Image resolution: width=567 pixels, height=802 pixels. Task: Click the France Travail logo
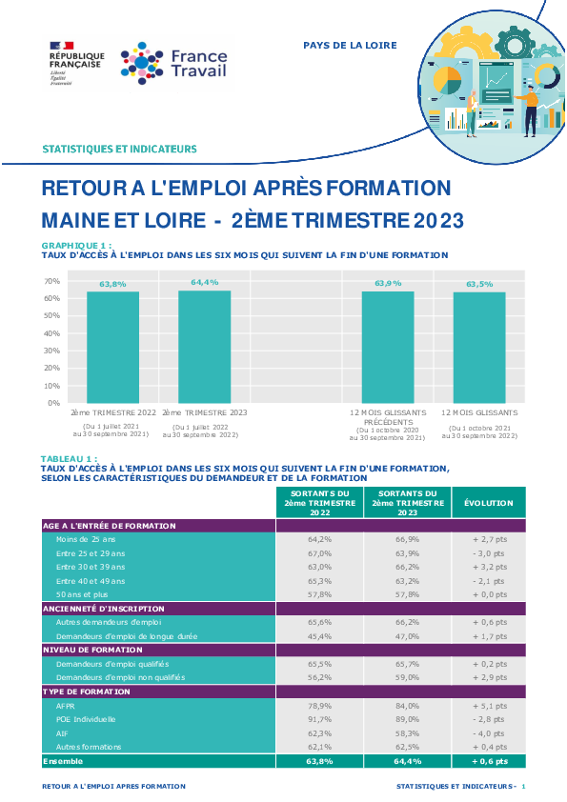[x=174, y=64]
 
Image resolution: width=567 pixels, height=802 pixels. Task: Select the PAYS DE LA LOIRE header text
[x=350, y=46]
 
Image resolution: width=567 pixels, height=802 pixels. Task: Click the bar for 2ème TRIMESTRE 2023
[x=204, y=347]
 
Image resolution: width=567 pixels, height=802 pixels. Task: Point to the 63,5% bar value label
[x=479, y=285]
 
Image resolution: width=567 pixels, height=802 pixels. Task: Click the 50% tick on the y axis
[x=52, y=315]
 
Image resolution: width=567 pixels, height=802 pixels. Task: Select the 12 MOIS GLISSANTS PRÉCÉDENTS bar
[x=388, y=348]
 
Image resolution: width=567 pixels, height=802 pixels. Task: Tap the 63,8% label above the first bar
[x=112, y=284]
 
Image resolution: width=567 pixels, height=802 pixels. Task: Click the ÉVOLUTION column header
[x=489, y=503]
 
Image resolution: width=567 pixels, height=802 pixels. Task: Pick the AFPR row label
[x=66, y=706]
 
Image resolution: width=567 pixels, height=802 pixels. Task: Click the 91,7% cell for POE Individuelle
[x=320, y=719]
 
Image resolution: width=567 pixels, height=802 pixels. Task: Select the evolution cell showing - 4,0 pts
[x=489, y=733]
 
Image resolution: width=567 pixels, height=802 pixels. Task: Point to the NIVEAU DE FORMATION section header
[x=92, y=650]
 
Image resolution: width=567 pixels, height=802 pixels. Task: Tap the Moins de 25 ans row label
[x=86, y=539]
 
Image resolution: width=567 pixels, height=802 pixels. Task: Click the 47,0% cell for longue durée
[x=407, y=636]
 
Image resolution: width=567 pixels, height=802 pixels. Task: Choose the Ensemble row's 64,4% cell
[x=407, y=761]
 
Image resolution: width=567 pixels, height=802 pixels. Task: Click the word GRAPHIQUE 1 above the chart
[x=73, y=246]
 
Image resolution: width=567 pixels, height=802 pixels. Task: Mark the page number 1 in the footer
[x=523, y=786]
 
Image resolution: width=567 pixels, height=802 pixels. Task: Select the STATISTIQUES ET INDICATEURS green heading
[x=120, y=149]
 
